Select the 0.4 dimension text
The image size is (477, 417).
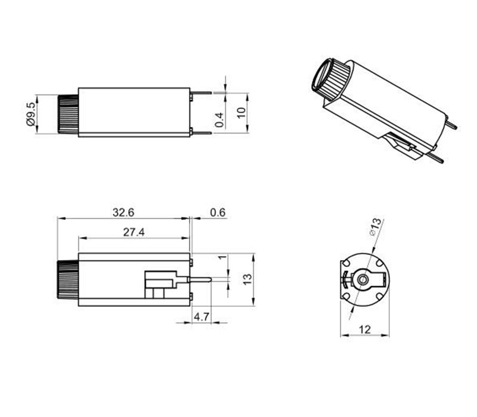pos(219,119)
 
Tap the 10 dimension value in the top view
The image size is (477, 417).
pos(241,113)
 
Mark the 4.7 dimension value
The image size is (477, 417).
pos(202,317)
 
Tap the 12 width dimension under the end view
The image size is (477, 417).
pos(364,329)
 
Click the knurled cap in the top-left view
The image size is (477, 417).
pos(67,113)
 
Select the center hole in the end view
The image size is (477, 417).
pos(362,279)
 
